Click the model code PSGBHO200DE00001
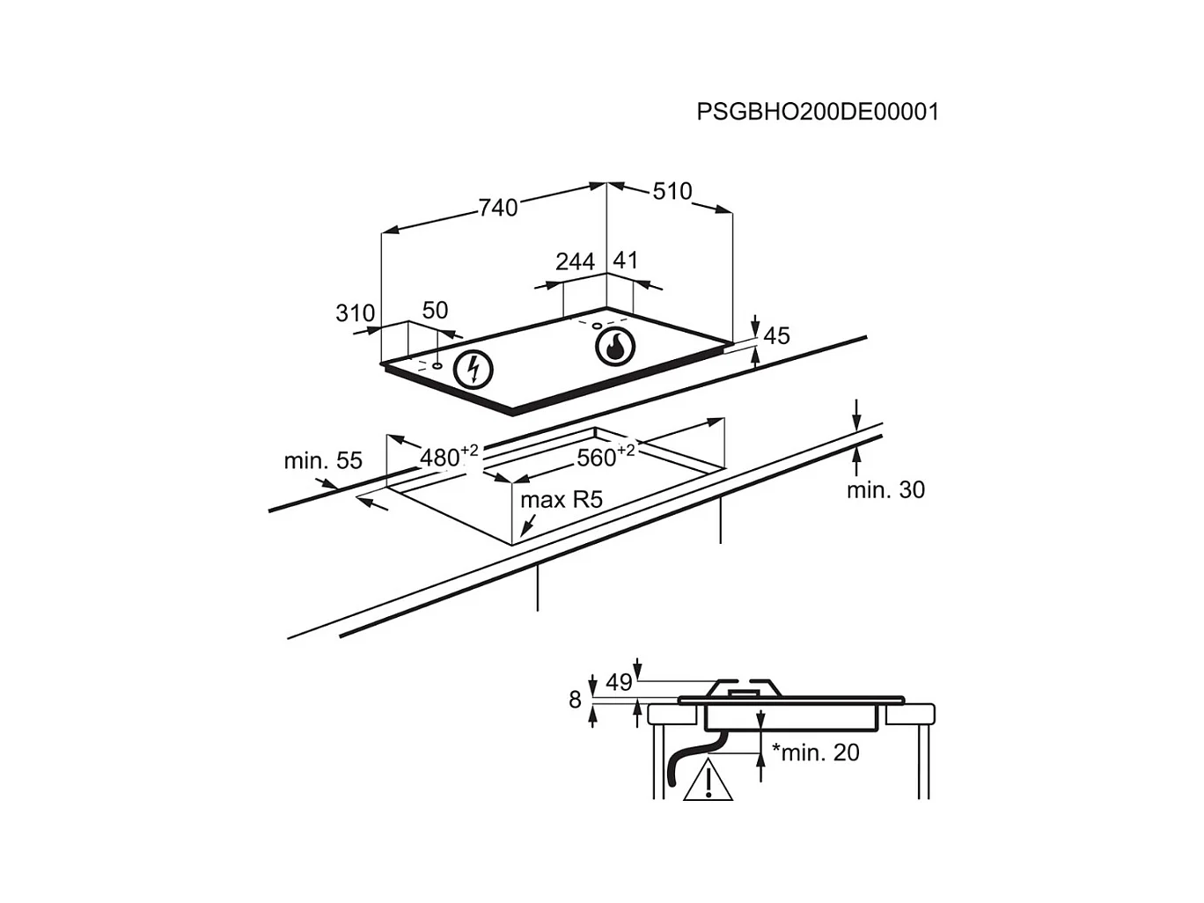818,112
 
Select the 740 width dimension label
498,208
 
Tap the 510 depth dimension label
672,191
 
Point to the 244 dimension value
575,261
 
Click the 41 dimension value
625,261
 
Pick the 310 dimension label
355,313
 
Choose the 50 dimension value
435,311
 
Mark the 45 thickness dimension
777,335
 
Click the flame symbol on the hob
615,347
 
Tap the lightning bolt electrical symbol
473,369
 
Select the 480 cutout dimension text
449,456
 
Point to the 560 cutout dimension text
606,456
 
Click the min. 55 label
323,460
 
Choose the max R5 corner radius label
562,500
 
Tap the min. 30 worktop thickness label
886,489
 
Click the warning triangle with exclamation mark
708,780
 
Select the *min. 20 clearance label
816,752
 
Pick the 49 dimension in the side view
619,683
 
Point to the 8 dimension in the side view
575,701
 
